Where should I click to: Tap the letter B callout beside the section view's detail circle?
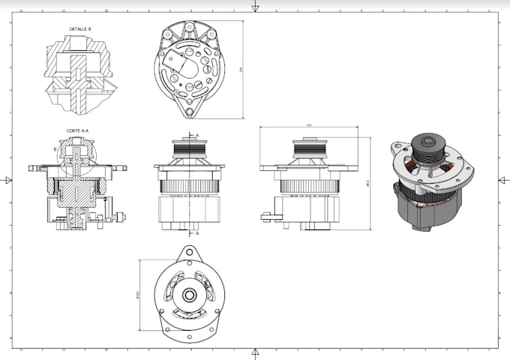(x=55, y=148)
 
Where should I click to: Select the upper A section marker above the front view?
(x=196, y=135)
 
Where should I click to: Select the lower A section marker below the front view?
(x=196, y=233)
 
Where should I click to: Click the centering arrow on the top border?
(x=255, y=7)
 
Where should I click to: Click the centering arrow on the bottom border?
(x=255, y=352)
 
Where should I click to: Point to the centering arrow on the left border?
(x=7, y=180)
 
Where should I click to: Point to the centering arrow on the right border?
(x=502, y=180)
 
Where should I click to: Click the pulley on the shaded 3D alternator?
(x=429, y=142)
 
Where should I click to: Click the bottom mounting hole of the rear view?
(x=190, y=112)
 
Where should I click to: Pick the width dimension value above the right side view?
(x=309, y=125)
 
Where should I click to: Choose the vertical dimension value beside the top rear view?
(x=241, y=69)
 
